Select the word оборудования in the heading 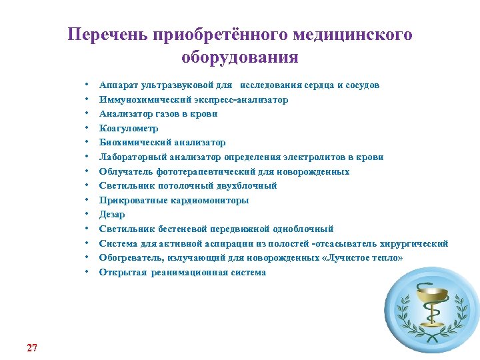240,57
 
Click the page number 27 32,329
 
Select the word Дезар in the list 112,215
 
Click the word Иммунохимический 137,99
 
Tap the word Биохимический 131,143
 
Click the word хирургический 417,243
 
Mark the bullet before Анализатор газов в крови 87,114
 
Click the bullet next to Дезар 87,215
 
